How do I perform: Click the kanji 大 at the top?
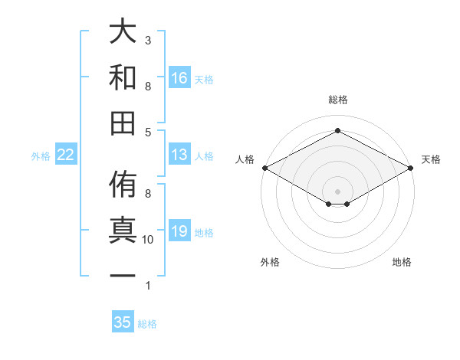pos(123,32)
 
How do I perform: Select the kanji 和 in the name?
pos(123,77)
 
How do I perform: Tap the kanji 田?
pos(123,122)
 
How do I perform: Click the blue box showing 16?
pos(179,78)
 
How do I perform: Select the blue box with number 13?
pos(179,155)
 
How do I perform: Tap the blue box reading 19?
pos(179,231)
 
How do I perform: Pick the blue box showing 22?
pos(66,155)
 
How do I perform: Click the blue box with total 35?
pos(123,322)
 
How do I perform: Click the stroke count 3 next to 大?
pos(148,40)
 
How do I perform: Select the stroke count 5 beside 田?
pos(148,132)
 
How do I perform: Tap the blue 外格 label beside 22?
pos(41,155)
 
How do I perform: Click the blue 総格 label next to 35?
pos(147,323)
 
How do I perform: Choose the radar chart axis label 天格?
pos(431,159)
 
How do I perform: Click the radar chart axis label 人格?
pos(245,159)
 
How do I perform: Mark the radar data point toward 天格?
pos(412,168)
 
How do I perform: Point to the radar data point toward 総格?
pos(337,130)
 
